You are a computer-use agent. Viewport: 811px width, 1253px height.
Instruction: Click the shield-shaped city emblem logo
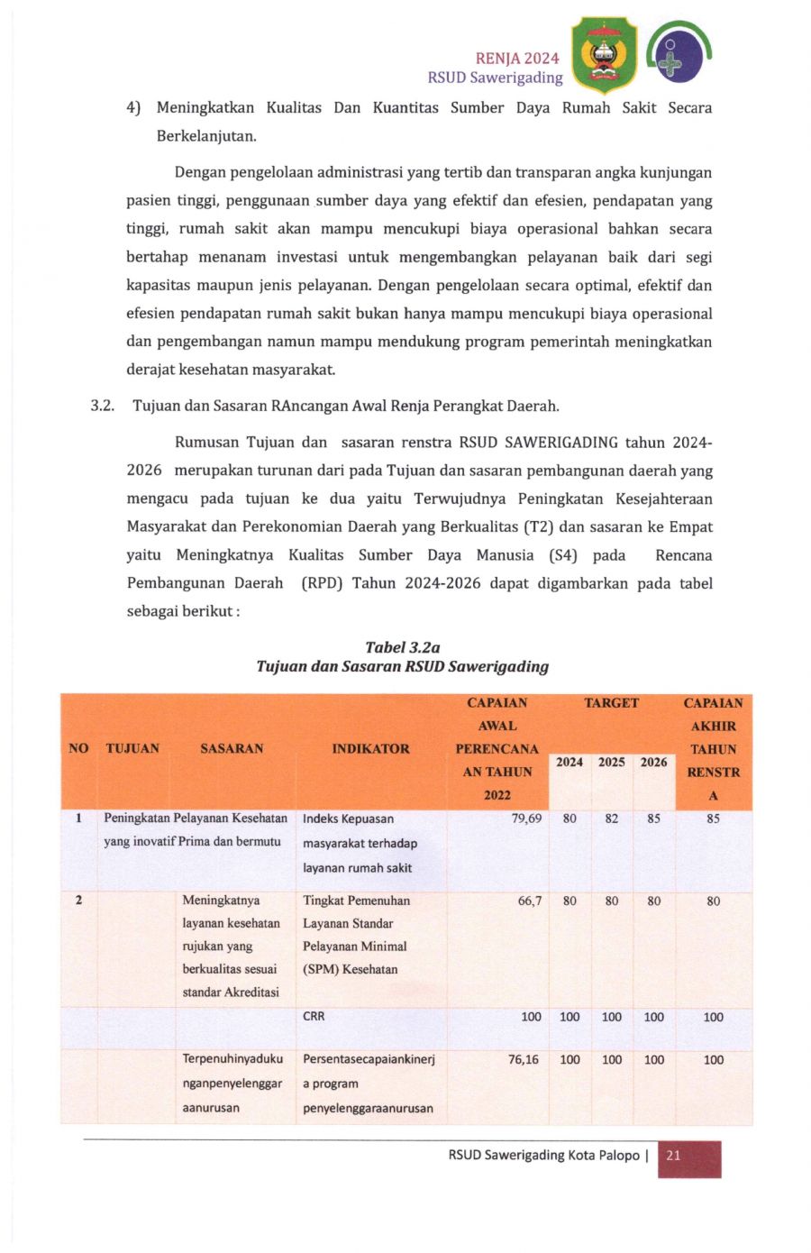[x=604, y=55]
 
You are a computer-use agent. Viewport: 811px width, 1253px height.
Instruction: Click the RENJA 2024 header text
[x=517, y=59]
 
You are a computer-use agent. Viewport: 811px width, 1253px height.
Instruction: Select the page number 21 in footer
[x=673, y=1156]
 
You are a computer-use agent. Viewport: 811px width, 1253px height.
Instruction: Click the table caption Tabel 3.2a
[x=402, y=647]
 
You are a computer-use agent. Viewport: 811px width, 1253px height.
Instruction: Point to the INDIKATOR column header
[x=370, y=748]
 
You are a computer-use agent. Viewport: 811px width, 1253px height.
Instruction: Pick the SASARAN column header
[x=232, y=748]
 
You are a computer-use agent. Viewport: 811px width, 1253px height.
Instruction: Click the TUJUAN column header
[x=132, y=748]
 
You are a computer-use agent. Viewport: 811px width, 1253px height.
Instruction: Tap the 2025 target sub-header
[x=611, y=762]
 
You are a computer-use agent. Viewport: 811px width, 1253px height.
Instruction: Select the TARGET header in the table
[x=611, y=703]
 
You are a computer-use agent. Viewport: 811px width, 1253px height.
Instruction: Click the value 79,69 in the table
[x=526, y=819]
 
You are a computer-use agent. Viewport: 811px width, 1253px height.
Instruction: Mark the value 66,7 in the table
[x=530, y=901]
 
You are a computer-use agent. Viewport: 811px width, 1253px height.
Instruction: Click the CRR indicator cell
[x=314, y=1016]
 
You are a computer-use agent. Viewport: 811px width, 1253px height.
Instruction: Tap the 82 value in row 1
[x=611, y=819]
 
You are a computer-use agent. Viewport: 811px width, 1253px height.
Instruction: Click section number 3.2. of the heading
[x=102, y=406]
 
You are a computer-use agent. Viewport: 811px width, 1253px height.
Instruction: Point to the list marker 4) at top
[x=133, y=108]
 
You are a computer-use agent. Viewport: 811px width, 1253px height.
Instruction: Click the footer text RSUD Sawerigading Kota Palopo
[x=543, y=1155]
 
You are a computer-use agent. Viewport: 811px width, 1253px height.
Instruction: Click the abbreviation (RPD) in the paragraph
[x=322, y=583]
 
